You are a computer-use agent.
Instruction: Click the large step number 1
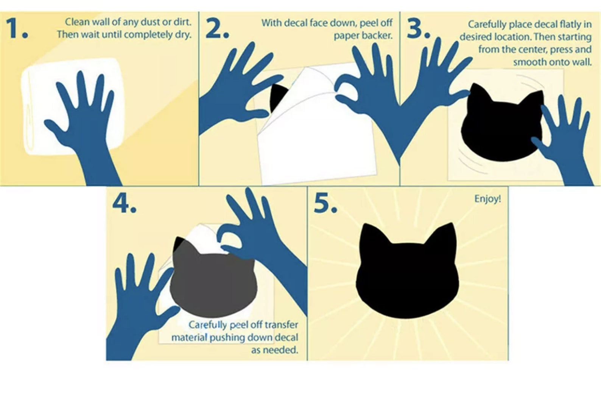(x=17, y=28)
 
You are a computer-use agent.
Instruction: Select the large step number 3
(x=419, y=28)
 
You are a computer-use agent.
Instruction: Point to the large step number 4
(x=124, y=203)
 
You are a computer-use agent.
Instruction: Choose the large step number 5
(x=325, y=203)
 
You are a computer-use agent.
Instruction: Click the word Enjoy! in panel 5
(x=487, y=199)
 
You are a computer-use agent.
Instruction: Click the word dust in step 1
(x=147, y=22)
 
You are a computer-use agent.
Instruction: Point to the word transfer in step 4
(x=282, y=325)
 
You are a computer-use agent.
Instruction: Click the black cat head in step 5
(x=407, y=271)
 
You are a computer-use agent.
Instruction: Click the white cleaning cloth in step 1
(x=72, y=106)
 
